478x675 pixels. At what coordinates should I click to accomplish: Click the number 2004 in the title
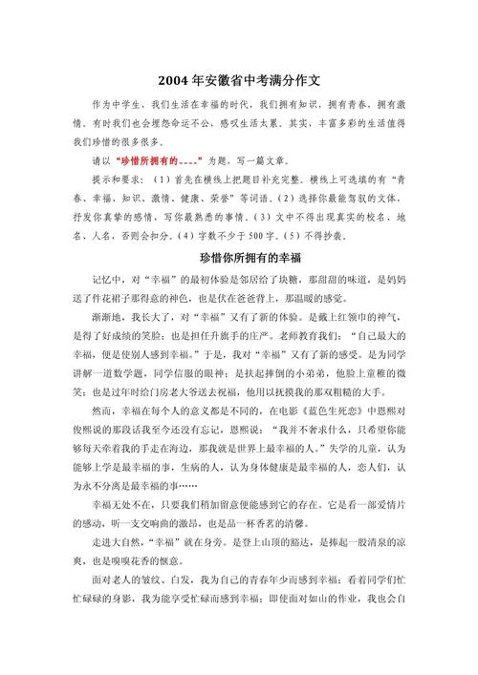[174, 79]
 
